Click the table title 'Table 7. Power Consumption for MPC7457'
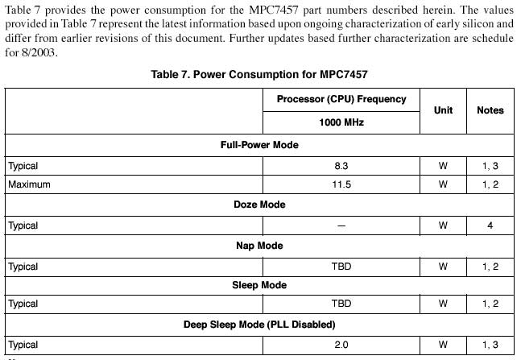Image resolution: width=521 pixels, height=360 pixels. (259, 74)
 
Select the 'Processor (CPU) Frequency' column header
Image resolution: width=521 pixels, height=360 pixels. (341, 99)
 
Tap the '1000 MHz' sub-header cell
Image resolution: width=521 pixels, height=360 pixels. (341, 122)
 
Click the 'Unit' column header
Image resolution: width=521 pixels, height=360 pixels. (443, 110)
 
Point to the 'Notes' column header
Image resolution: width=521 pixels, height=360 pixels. (490, 110)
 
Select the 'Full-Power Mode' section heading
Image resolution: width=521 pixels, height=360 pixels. (259, 145)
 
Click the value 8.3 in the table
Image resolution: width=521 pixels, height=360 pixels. (341, 166)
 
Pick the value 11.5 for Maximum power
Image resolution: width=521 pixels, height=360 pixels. (341, 184)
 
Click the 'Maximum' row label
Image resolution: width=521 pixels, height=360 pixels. (29, 184)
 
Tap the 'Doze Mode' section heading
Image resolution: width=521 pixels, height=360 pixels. (259, 205)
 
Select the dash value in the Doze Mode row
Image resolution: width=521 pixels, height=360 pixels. (341, 226)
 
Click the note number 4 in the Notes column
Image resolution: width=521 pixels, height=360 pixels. (490, 226)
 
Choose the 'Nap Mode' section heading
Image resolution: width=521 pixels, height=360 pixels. (259, 246)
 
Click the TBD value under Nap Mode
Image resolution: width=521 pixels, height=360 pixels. (341, 266)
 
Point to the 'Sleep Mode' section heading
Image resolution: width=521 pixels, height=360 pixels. (259, 285)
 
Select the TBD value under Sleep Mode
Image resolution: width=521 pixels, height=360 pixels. (341, 304)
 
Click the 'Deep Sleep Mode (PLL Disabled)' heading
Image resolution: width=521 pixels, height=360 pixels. (259, 325)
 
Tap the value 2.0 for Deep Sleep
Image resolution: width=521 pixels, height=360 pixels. (341, 345)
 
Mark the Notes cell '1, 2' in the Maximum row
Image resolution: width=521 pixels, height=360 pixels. (490, 184)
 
